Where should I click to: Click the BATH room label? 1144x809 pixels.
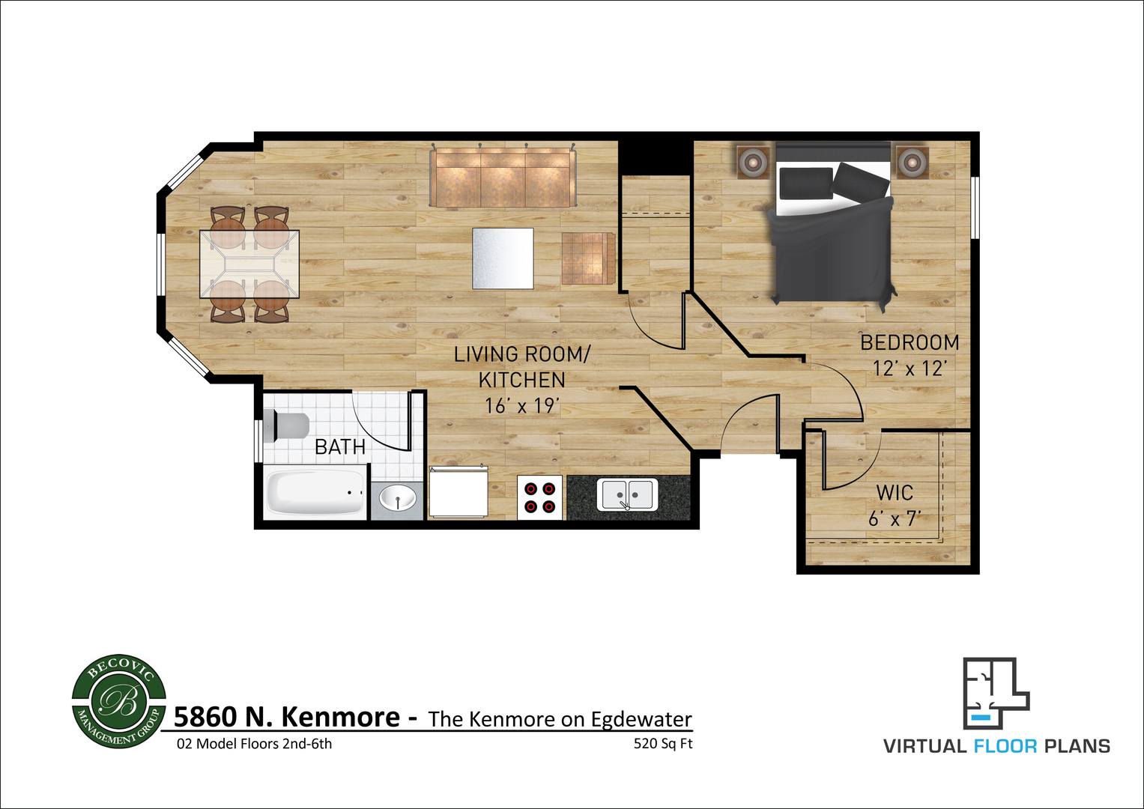coord(340,447)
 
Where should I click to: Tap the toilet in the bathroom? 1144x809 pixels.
coord(287,426)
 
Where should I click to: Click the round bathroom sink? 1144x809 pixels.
coord(398,497)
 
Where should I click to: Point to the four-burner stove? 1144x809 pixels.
coord(540,497)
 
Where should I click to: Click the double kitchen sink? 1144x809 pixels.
coord(628,494)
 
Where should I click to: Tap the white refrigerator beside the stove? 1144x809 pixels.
coord(458,493)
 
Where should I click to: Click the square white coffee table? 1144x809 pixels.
coord(503,258)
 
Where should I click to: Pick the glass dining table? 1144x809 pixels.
coord(249,264)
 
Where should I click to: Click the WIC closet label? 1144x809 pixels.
coord(895,493)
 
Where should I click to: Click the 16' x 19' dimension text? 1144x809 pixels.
coord(521,405)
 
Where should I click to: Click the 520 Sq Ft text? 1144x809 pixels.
coord(663,744)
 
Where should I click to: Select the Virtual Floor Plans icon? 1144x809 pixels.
coord(996,693)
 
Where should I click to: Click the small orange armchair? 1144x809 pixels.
coord(588,258)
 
